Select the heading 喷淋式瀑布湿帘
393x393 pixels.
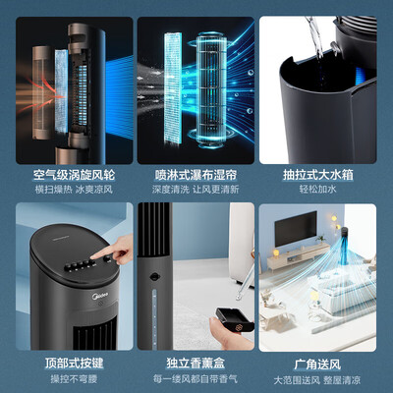(x=196, y=172)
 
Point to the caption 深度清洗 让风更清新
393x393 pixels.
(x=196, y=188)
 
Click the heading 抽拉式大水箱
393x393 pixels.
(x=324, y=172)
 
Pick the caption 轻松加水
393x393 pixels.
(x=324, y=188)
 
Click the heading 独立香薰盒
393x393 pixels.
(x=196, y=361)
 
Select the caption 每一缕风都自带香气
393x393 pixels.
(x=196, y=377)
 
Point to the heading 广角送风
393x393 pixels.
(x=324, y=361)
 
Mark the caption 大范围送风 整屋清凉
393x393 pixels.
(x=324, y=377)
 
